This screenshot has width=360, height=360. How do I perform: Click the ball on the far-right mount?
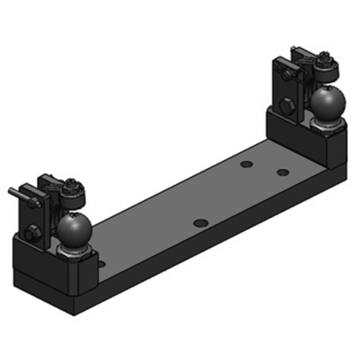(328, 102)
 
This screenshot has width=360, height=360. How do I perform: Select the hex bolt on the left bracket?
(33, 233)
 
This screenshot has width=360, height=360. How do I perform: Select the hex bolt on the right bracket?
(286, 107)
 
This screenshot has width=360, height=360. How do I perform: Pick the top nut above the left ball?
(71, 184)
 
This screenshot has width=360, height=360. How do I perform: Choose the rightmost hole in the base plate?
(283, 172)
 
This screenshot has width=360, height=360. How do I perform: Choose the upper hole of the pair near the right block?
(246, 164)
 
